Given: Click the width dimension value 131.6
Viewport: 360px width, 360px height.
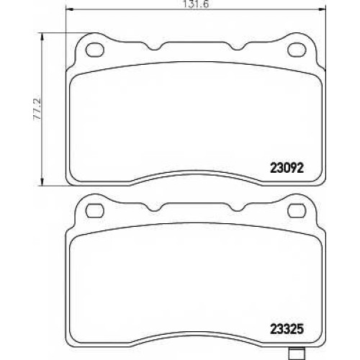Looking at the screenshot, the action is tap(196, 4).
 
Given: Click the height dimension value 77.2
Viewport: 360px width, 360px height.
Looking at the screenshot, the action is tap(37, 109).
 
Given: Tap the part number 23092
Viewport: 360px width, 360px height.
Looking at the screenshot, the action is tap(287, 168).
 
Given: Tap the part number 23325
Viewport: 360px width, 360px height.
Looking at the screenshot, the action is tap(287, 329).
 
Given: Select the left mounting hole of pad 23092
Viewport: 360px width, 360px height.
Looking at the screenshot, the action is tap(95, 50).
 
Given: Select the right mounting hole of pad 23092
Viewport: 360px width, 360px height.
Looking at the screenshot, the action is tap(297, 50).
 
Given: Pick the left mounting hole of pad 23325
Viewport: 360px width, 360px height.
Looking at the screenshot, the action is tap(95, 211).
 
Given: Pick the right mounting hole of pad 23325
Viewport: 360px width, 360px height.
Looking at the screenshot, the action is tap(297, 211).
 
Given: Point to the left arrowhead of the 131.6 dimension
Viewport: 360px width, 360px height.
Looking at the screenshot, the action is tap(69, 9).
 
